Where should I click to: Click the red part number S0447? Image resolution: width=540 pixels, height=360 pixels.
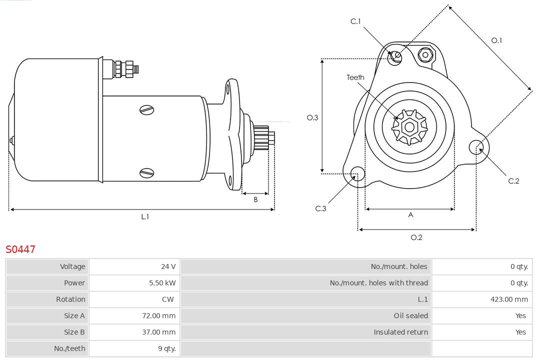click(20, 249)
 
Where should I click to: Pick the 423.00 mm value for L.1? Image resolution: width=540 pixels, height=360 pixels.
click(509, 299)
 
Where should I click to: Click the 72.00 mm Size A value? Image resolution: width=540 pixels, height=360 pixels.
click(158, 315)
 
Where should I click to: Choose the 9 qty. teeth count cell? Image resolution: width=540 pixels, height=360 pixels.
click(166, 348)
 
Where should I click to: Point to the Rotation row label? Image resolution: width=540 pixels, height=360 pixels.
click(70, 299)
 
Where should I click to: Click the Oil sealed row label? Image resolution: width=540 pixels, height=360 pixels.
click(410, 315)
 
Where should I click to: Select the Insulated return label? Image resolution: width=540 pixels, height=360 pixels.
click(400, 332)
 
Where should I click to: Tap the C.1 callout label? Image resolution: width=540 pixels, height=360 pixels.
click(355, 21)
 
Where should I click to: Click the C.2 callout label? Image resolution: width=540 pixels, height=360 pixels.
click(513, 181)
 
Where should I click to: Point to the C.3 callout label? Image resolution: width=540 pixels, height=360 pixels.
click(320, 208)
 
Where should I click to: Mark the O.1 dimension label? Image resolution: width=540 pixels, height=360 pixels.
click(496, 40)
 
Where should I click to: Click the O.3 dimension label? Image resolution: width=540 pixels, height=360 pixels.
click(312, 118)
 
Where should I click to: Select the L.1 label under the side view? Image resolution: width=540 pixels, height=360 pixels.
click(145, 216)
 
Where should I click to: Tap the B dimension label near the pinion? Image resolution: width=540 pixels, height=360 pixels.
click(255, 199)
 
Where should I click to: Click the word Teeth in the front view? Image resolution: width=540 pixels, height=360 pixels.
click(355, 77)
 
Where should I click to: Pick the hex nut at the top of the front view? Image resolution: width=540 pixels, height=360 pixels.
click(425, 54)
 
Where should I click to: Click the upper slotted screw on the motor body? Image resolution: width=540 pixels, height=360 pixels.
click(147, 109)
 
